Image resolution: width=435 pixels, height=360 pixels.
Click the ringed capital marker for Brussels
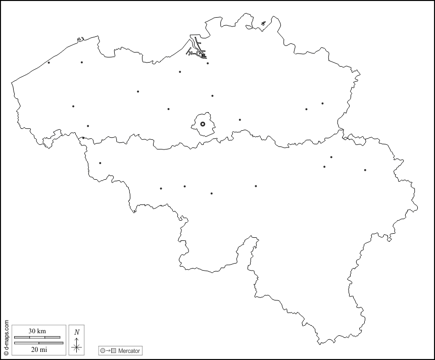click(203, 124)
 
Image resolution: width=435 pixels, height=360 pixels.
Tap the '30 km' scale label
click(37, 331)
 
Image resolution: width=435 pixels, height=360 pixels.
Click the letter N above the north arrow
click(76, 332)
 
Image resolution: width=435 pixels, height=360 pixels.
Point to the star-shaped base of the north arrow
click(76, 346)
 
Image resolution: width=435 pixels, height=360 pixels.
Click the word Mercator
click(129, 350)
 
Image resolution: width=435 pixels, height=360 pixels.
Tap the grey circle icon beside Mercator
click(103, 350)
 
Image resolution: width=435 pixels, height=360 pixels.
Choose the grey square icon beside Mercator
click(114, 350)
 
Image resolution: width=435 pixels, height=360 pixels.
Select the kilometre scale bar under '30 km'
click(37, 337)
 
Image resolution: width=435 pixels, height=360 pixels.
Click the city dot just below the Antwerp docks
click(208, 63)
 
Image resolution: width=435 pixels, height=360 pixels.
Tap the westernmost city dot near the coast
click(49, 63)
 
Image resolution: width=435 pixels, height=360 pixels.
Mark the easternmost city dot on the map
click(365, 170)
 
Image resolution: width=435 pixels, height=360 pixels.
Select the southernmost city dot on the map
click(211, 193)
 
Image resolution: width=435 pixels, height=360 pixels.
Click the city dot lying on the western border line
click(83, 138)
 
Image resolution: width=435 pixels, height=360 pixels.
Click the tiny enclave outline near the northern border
click(263, 23)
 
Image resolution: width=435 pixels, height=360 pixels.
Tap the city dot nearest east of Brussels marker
click(239, 120)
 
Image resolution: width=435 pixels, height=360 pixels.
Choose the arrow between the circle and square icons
click(108, 350)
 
